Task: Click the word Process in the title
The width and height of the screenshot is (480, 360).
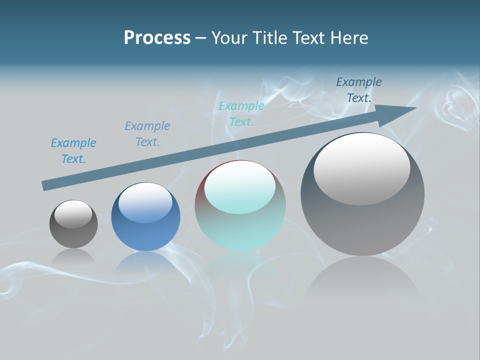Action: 157,38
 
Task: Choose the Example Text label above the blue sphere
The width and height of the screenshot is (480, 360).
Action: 147,134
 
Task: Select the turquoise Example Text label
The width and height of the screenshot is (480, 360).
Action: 241,114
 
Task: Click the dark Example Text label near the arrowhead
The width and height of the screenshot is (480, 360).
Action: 359,90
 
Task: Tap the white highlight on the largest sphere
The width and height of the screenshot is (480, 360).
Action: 361,169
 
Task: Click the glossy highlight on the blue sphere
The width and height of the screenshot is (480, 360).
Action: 145,202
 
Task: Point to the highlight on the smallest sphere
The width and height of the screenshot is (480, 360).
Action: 73,214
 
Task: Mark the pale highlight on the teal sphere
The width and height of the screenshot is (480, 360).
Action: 240,187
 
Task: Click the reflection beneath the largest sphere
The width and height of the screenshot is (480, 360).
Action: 362,280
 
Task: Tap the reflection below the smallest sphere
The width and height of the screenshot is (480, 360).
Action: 73,257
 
